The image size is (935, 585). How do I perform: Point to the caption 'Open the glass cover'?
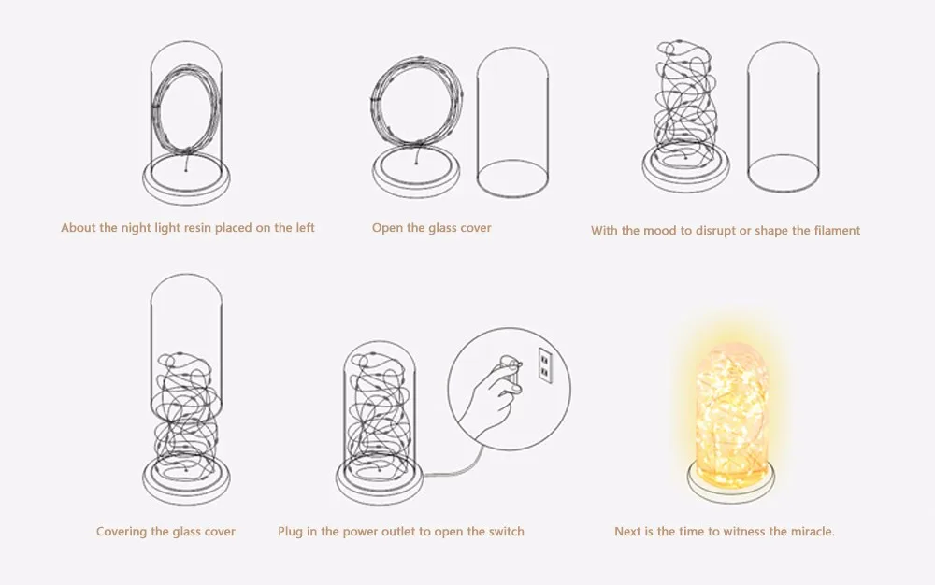pyautogui.click(x=431, y=228)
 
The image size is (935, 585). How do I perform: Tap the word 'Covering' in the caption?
pyautogui.click(x=120, y=532)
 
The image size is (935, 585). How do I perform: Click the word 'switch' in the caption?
pyautogui.click(x=504, y=532)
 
